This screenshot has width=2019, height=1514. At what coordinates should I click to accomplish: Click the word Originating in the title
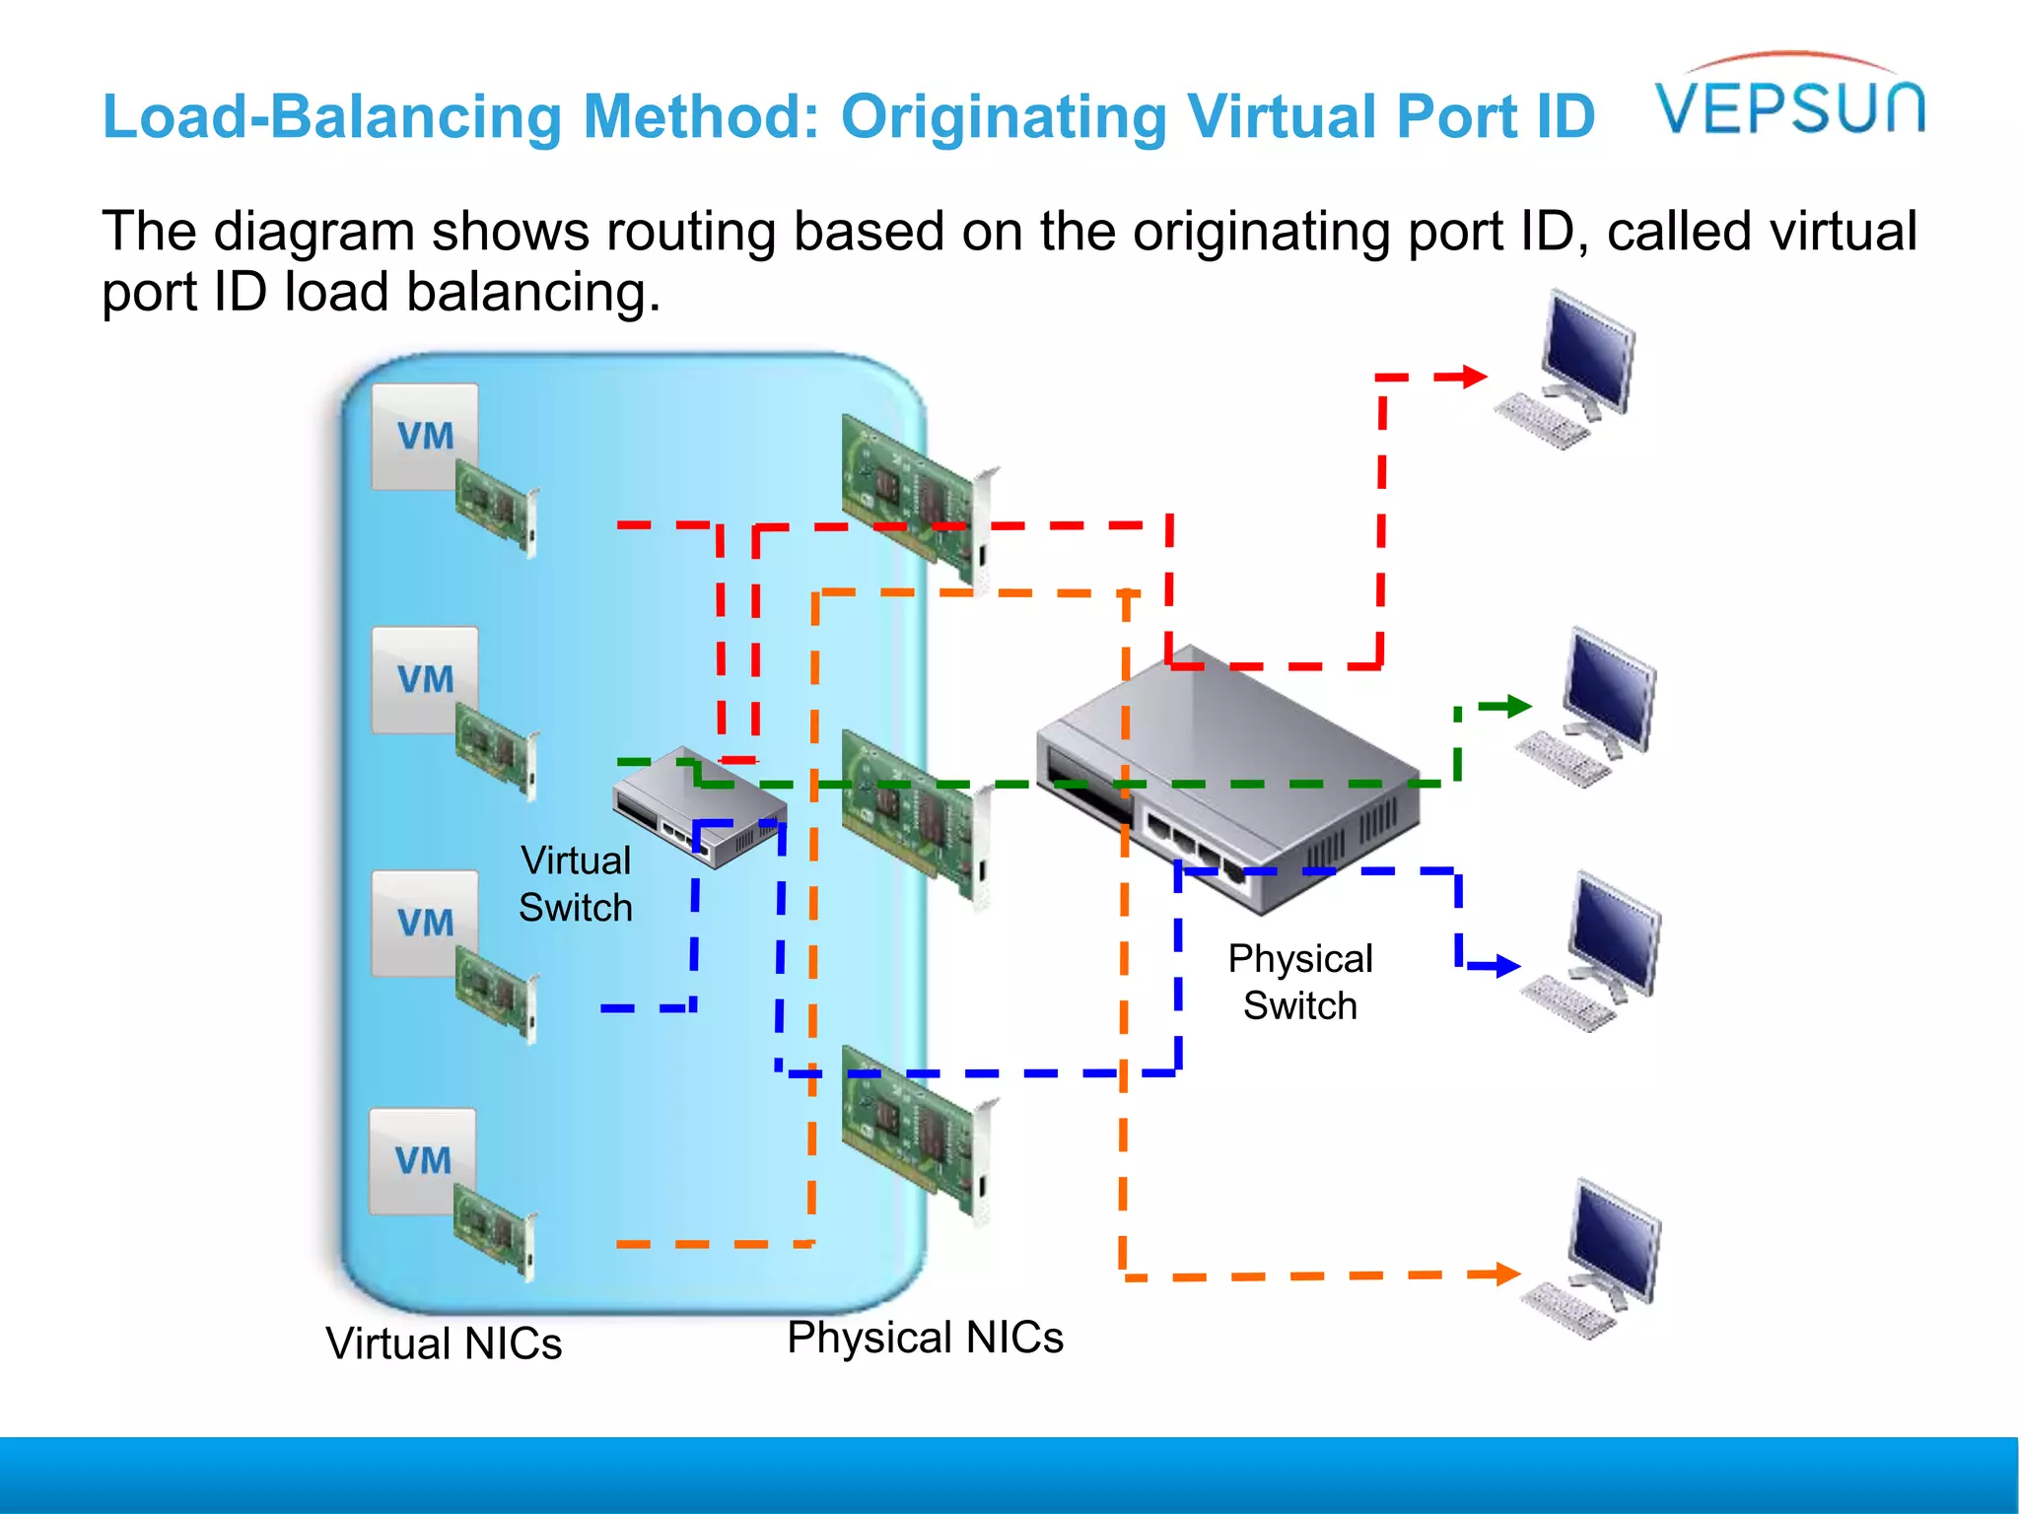click(x=1003, y=117)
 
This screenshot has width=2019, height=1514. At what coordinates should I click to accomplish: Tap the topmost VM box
click(x=425, y=436)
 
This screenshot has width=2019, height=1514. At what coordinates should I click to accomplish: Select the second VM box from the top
click(x=425, y=679)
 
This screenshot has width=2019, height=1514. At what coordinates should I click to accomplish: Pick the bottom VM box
click(x=423, y=1160)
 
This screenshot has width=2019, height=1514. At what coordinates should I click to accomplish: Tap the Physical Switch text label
click(x=1299, y=982)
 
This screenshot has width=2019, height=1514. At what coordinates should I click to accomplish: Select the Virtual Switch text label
click(x=576, y=883)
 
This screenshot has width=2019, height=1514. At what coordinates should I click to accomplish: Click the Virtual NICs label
click(x=444, y=1343)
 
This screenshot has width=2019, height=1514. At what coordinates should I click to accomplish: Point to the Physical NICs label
click(x=925, y=1338)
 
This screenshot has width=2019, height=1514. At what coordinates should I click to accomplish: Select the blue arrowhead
click(x=1506, y=966)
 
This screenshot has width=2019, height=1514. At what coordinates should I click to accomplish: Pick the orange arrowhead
click(x=1506, y=1273)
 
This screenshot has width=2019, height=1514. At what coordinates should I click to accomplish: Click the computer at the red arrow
click(x=1572, y=370)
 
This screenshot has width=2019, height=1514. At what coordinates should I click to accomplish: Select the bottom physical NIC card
click(x=917, y=1134)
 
